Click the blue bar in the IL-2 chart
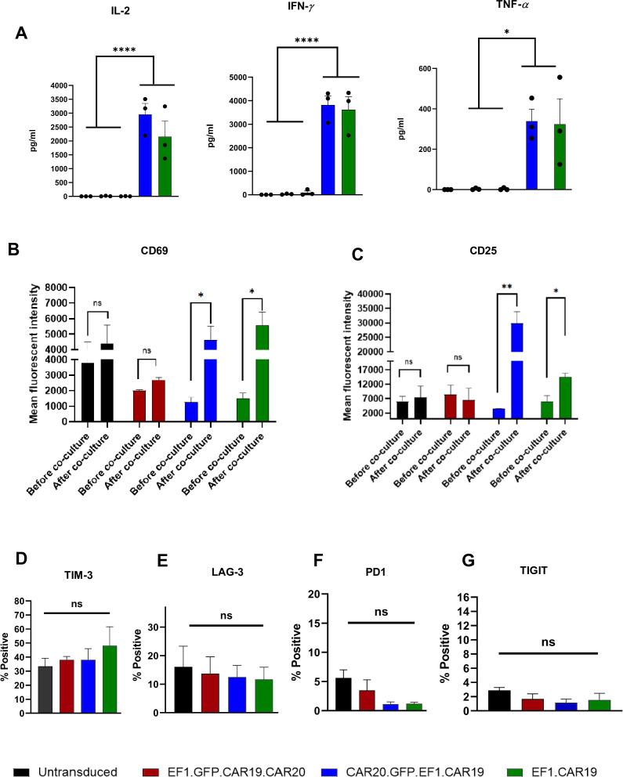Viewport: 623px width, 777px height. [x=145, y=157]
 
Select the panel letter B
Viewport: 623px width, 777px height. [x=13, y=251]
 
